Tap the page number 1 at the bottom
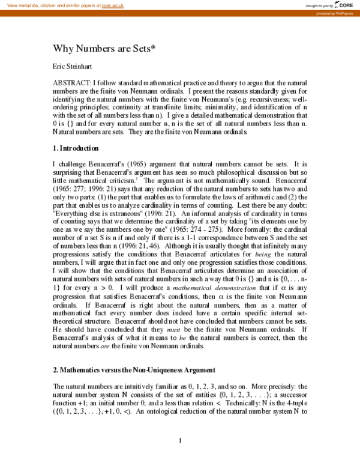pyautogui.click(x=180, y=441)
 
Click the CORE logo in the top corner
pyautogui.click(x=344, y=5)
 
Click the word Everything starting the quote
pyautogui.click(x=73, y=213)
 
